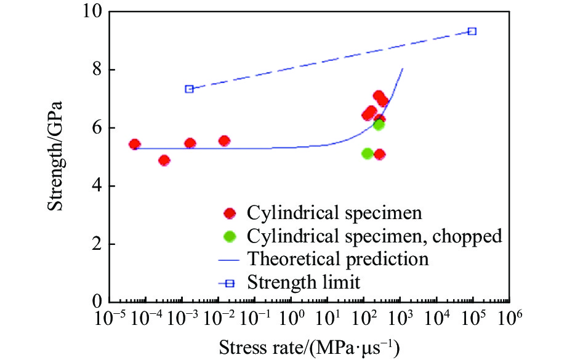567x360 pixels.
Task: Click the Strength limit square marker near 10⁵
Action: click(x=472, y=31)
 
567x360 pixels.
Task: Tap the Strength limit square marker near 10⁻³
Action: click(x=190, y=89)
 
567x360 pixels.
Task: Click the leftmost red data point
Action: click(x=135, y=145)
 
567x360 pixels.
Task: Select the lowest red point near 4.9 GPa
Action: click(x=164, y=161)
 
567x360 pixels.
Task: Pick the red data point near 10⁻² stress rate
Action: click(x=224, y=141)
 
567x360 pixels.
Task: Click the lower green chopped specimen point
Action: click(x=368, y=153)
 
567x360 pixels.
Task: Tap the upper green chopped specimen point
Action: click(x=379, y=124)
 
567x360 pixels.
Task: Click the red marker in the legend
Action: click(x=230, y=214)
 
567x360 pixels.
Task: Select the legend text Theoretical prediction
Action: click(x=338, y=259)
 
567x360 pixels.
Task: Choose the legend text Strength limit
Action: click(x=304, y=282)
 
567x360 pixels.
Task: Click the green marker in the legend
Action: click(x=230, y=236)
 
